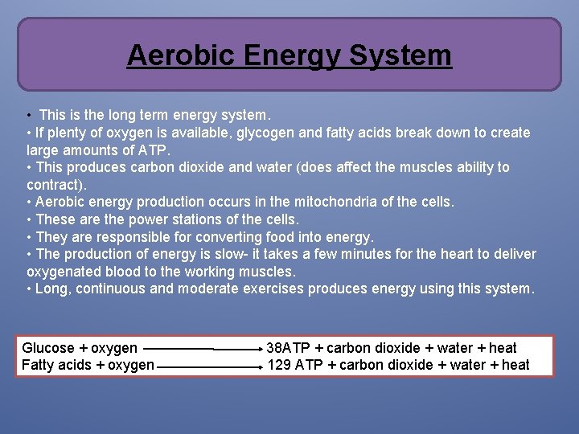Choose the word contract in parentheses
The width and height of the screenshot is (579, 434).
(x=53, y=184)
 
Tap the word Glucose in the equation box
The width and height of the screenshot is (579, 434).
(x=48, y=348)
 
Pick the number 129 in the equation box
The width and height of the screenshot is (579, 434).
(x=279, y=365)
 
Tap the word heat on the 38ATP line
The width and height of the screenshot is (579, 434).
(x=503, y=348)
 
